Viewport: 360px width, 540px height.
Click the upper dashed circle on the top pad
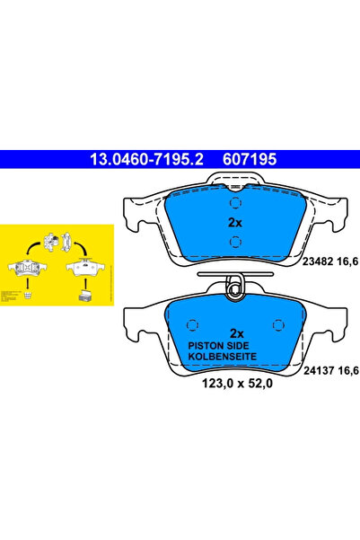click(x=233, y=201)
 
